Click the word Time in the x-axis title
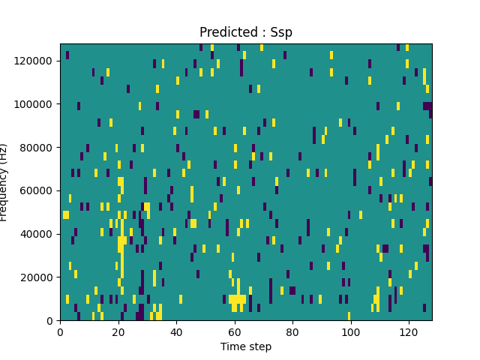(232, 346)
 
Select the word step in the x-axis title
(259, 346)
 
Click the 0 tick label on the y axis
(51, 321)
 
